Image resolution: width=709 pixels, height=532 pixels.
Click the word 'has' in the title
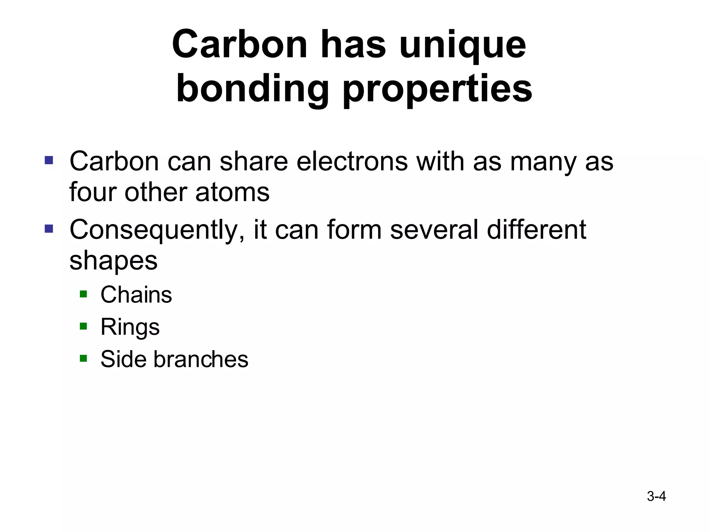(353, 45)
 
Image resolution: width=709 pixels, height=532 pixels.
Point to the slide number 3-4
(656, 496)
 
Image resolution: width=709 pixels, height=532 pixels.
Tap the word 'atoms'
(232, 193)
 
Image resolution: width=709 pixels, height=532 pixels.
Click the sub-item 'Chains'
(136, 295)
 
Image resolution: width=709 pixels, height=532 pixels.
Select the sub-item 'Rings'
(130, 327)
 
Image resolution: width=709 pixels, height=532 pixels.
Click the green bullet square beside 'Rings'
(83, 326)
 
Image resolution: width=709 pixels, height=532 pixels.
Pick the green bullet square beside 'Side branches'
(83, 358)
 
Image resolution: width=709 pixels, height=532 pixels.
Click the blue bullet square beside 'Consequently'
(49, 229)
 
